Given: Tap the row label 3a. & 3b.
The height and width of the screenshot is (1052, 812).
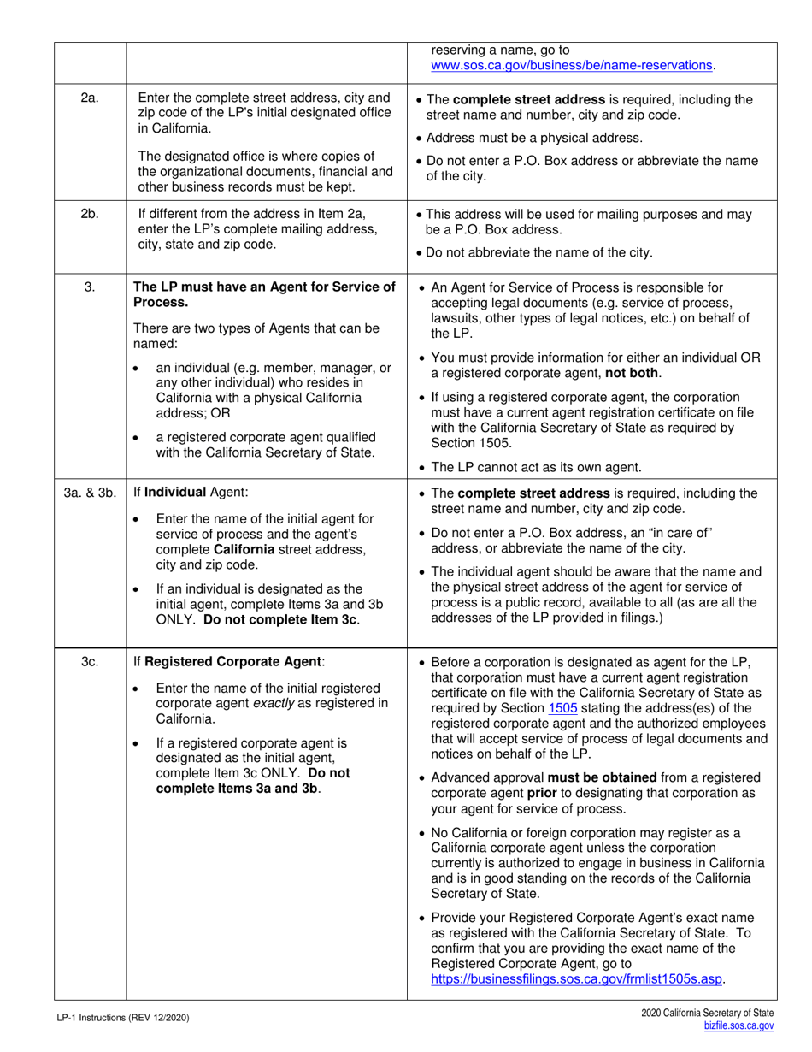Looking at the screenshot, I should (89, 492).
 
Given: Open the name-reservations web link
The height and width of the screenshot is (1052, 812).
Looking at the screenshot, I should (573, 65).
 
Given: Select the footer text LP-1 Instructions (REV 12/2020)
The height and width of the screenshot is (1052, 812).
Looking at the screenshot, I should (118, 1019).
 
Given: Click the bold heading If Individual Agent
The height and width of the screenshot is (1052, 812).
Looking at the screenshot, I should (181, 492).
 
